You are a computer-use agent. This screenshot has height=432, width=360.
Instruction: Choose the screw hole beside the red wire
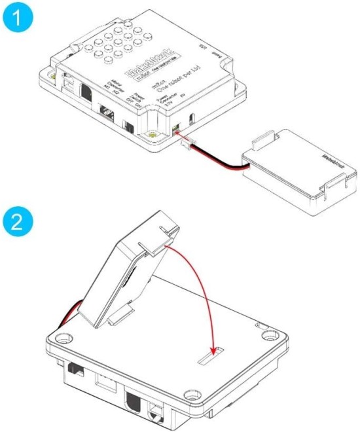(x=63, y=339)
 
